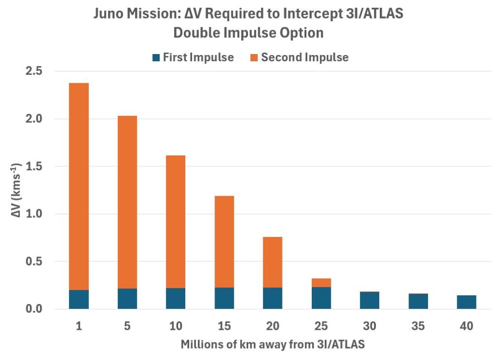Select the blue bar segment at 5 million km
[x=127, y=299]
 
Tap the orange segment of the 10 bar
[x=176, y=221]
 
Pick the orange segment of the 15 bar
[x=224, y=241]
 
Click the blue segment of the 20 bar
[x=272, y=298]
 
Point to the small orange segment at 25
[x=321, y=283]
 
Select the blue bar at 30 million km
[x=370, y=300]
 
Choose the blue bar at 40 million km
[x=466, y=302]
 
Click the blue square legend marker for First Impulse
[x=156, y=57]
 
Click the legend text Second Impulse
[x=304, y=57]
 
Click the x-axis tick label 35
[x=418, y=326]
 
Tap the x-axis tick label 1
[x=79, y=326]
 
